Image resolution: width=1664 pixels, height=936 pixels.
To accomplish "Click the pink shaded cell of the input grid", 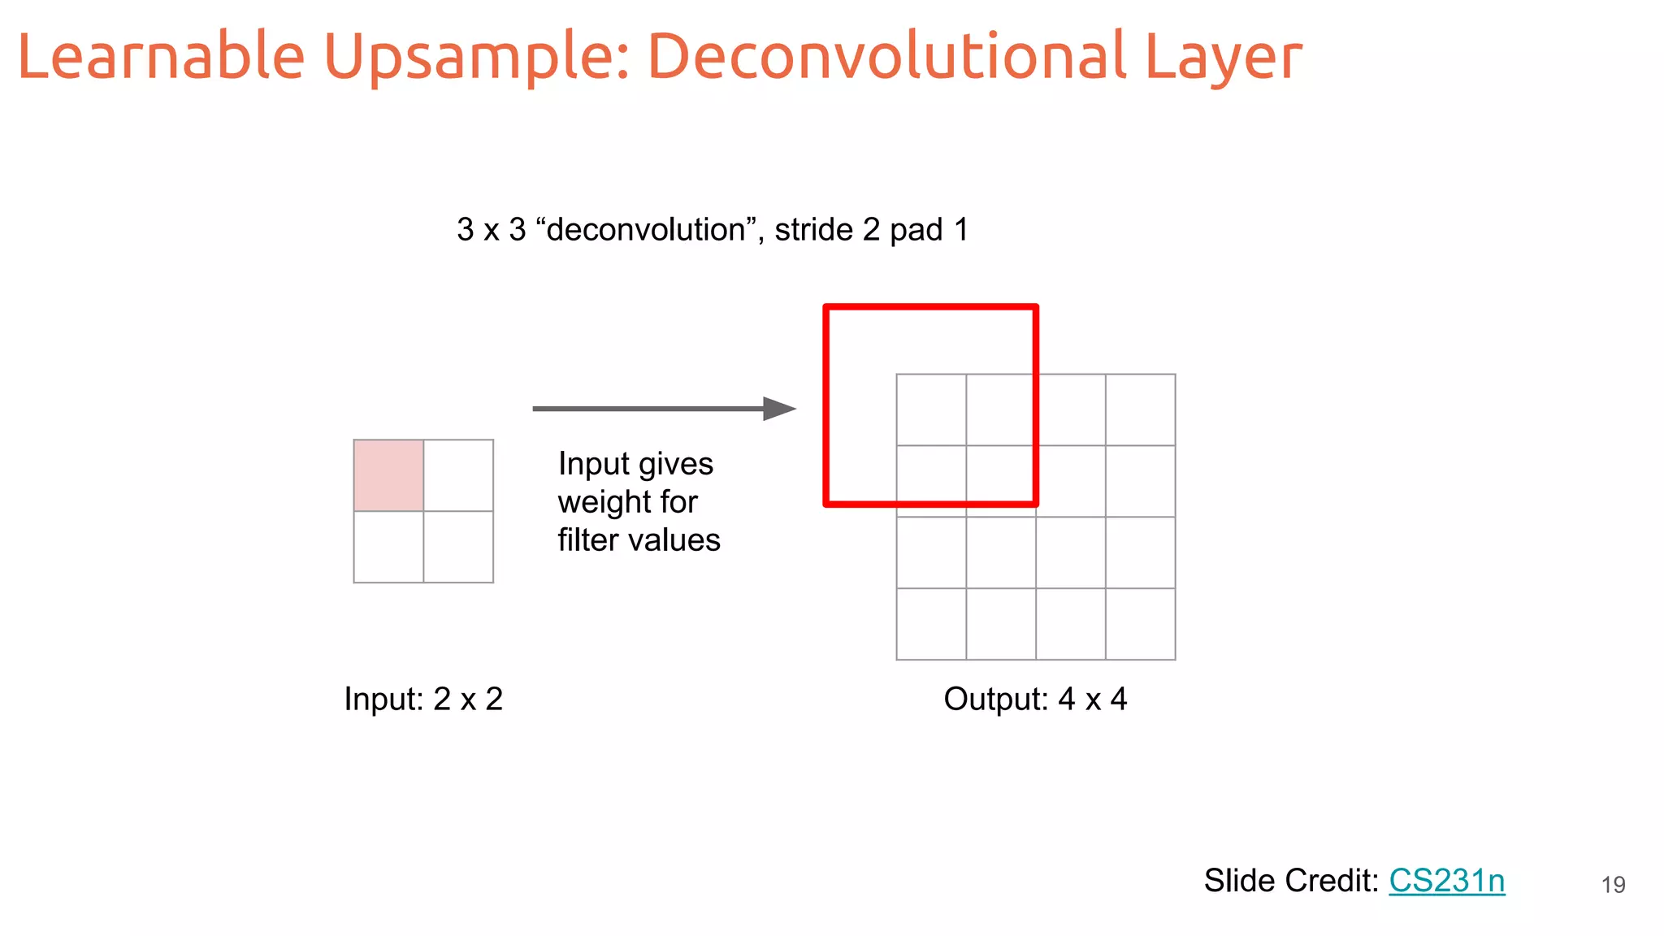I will click(x=388, y=475).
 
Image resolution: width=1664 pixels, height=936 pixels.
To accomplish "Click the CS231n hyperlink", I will click(x=1446, y=881).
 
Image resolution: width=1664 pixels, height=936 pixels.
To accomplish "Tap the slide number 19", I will click(x=1613, y=885).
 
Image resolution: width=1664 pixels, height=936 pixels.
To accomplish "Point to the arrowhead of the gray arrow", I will click(x=780, y=409).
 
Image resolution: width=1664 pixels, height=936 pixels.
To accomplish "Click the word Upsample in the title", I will click(x=476, y=57).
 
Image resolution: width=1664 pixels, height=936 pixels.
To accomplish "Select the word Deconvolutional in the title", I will click(x=886, y=57).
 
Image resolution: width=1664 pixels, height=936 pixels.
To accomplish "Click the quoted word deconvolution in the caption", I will click(x=646, y=230).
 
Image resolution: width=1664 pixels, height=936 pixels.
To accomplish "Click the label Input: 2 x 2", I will click(x=423, y=699).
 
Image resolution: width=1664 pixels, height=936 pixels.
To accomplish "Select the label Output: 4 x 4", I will click(x=1035, y=699).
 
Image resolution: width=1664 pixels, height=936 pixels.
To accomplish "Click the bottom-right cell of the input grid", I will click(x=458, y=547).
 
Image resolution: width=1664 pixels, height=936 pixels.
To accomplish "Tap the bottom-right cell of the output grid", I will click(x=1140, y=624).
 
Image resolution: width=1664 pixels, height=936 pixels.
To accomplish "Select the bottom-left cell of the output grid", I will click(x=931, y=624).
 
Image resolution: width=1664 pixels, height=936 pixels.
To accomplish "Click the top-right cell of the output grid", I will click(x=1140, y=409).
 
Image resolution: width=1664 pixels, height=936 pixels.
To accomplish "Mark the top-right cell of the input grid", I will click(x=458, y=475).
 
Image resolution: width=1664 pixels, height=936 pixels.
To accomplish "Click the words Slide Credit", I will click(x=1291, y=881).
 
